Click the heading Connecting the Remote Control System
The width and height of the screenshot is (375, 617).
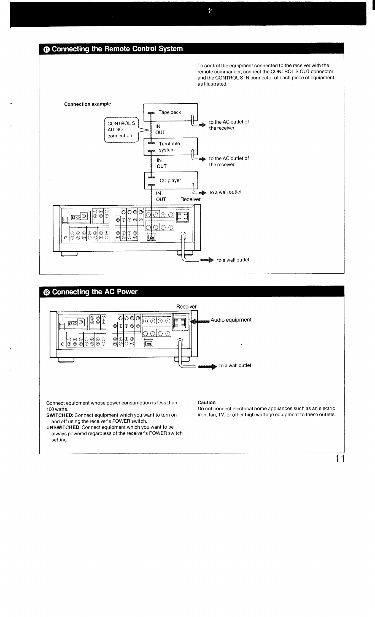(117, 49)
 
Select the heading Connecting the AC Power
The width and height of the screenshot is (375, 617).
(95, 292)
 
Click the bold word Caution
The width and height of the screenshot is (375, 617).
(207, 403)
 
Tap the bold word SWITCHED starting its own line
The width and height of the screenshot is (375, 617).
(60, 415)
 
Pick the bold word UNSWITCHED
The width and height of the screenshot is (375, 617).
(63, 427)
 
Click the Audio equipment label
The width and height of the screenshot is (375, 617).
(231, 320)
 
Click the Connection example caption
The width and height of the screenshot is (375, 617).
(88, 104)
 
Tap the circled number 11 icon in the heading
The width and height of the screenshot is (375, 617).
(47, 49)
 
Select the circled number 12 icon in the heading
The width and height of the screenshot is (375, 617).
(47, 292)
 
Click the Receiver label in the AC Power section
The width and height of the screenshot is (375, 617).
(187, 307)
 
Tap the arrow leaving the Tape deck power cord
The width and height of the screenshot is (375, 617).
(203, 125)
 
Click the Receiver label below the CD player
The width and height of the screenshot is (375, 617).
(190, 199)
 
